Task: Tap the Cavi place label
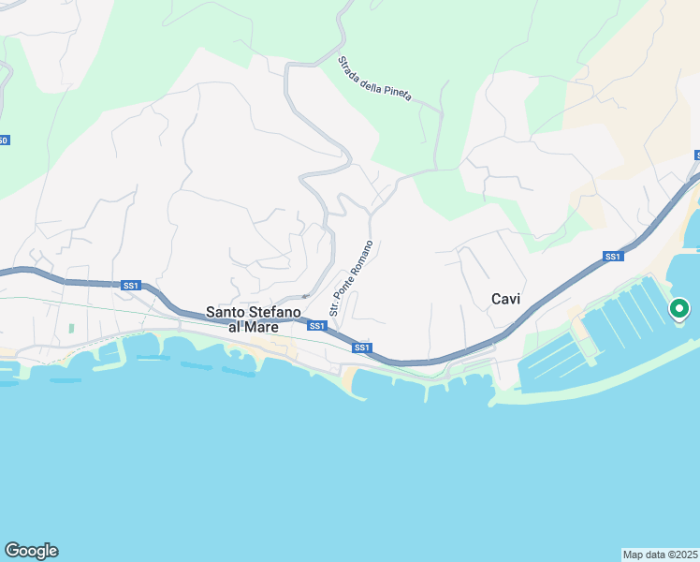click(x=505, y=299)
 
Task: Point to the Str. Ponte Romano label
click(x=351, y=278)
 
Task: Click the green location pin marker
click(x=679, y=308)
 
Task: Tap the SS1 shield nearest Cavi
click(x=613, y=256)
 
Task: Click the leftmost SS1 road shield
click(x=130, y=285)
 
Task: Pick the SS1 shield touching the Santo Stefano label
click(x=316, y=326)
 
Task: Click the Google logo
click(x=31, y=551)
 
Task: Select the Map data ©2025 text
click(x=660, y=554)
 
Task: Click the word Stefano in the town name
click(x=277, y=312)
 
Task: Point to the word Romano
click(x=364, y=256)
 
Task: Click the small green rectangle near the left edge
click(x=70, y=330)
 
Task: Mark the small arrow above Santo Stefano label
click(x=304, y=296)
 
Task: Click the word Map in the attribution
click(x=634, y=554)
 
